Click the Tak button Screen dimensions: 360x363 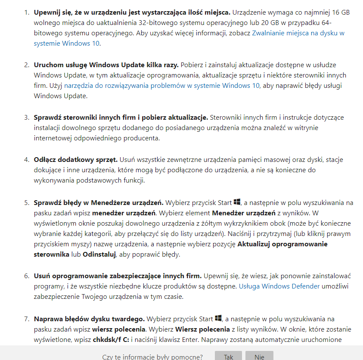[x=229, y=356]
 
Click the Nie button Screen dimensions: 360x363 [x=259, y=356]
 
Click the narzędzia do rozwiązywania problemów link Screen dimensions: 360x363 [x=162, y=85]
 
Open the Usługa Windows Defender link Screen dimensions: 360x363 [x=279, y=286]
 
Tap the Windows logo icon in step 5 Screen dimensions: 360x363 [x=237, y=202]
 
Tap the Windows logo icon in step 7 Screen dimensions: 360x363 [x=218, y=318]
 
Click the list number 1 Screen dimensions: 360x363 [x=26, y=12]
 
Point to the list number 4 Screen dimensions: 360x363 [x=26, y=160]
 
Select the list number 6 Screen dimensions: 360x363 [x=26, y=276]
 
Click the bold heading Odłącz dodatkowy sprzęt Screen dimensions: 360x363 [x=75, y=160]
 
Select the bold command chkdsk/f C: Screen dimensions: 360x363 [x=111, y=339]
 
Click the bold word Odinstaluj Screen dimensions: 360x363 [x=99, y=254]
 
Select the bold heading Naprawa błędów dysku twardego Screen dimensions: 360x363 [x=90, y=319]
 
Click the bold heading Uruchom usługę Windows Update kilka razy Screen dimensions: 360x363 [x=106, y=65]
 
